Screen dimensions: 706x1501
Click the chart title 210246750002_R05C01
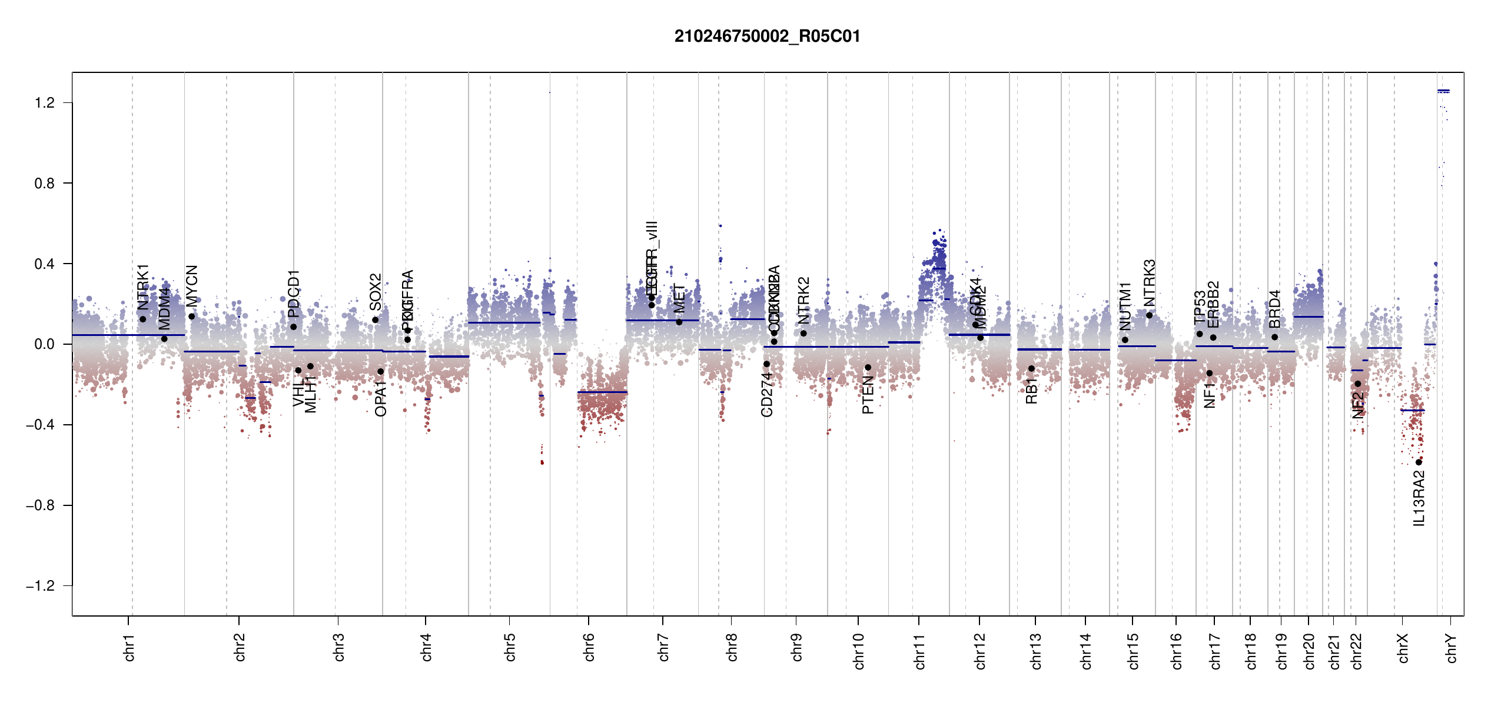[x=767, y=36]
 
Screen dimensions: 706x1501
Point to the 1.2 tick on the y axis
[x=45, y=103]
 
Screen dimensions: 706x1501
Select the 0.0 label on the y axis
[x=45, y=344]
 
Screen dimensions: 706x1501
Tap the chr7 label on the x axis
[x=663, y=647]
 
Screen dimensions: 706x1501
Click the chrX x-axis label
[x=1403, y=648]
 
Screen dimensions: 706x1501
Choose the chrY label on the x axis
[x=1451, y=648]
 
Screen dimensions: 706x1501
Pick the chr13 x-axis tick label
[x=1035, y=651]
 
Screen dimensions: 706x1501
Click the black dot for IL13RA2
[x=1419, y=462]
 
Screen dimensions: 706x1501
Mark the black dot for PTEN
[x=868, y=368]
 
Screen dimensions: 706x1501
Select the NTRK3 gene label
[x=1149, y=283]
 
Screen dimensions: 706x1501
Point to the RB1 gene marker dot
[x=1031, y=369]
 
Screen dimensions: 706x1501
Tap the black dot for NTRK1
[x=142, y=319]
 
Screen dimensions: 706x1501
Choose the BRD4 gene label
[x=1274, y=309]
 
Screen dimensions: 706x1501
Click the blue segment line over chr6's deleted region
[x=602, y=392]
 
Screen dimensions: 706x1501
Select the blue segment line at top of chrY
[x=1443, y=91]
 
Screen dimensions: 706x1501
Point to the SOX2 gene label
[x=376, y=292]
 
